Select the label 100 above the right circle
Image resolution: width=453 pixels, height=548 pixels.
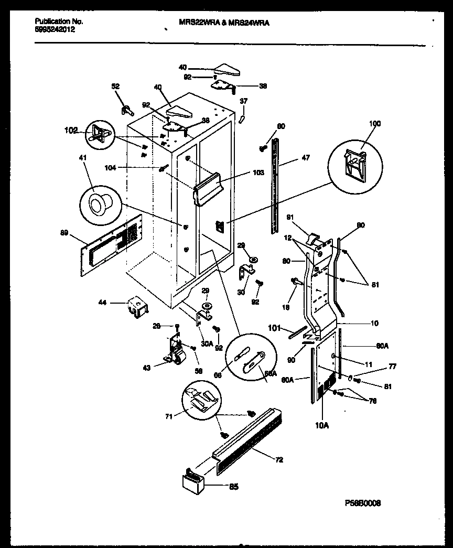tap(374, 124)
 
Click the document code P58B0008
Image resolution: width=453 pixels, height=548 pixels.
tap(362, 502)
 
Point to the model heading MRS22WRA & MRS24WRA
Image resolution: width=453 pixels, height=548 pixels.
tap(221, 23)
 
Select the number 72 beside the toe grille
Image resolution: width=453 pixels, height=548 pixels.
tap(279, 459)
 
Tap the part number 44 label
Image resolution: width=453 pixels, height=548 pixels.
tap(102, 302)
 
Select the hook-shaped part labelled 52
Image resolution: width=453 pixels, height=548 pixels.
tap(127, 109)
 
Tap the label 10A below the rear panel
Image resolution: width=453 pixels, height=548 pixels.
tap(321, 425)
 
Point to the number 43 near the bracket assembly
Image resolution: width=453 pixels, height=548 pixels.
tap(146, 368)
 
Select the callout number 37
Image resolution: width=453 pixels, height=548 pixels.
tap(243, 101)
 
